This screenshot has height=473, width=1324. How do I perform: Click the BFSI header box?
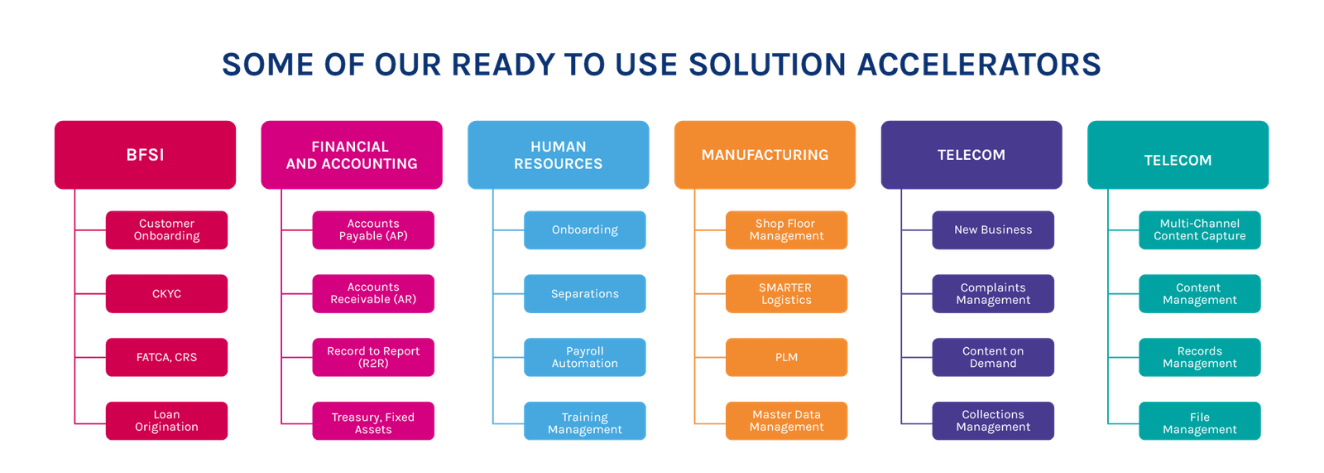146,155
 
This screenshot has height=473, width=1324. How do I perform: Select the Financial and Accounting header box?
352,155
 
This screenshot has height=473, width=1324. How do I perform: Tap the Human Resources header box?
558,155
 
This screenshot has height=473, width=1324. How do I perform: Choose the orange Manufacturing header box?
765,155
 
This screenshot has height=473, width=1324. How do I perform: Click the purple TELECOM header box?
971,155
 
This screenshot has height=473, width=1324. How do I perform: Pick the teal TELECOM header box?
1178,155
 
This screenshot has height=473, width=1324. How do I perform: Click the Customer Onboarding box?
166,230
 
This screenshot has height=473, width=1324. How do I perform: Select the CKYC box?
166,293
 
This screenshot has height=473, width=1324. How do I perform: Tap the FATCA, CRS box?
166,358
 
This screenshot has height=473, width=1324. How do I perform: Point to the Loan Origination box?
166,421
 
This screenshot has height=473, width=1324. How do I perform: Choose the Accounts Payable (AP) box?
373,230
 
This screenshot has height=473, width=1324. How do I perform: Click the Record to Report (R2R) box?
373,358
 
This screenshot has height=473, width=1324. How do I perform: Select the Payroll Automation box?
584,358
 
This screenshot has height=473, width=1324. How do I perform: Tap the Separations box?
584,293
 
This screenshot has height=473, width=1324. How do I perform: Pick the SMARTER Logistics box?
786,293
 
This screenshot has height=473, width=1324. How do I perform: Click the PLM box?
786,358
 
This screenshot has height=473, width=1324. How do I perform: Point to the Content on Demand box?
993,358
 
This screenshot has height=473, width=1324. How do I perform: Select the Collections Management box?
993,421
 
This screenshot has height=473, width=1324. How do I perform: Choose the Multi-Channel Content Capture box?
1200,230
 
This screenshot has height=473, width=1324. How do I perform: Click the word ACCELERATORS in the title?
979,65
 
